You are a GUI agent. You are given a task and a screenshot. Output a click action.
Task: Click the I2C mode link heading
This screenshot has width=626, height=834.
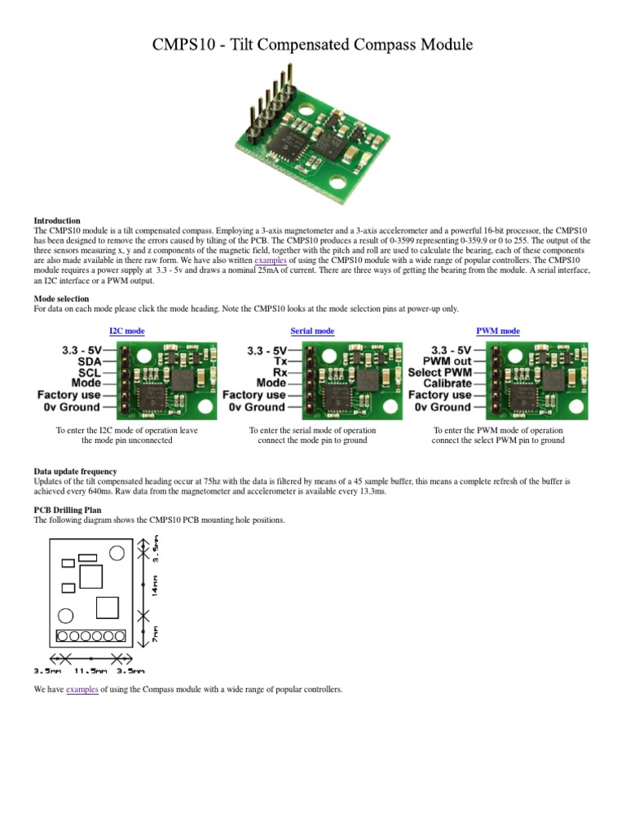point(127,331)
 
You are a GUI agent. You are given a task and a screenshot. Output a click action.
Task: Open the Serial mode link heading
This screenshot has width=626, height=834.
point(312,331)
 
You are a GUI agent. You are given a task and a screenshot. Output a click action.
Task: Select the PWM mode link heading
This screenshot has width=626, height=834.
point(498,331)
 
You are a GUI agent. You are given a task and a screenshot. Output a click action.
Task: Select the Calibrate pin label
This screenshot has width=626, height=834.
point(447,383)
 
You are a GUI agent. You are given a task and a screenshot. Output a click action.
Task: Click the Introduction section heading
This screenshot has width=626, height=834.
point(57,221)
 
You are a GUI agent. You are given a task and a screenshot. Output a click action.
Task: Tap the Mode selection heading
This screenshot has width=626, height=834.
point(61,299)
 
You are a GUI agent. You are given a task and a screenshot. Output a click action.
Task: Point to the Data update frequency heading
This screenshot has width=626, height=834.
point(75,472)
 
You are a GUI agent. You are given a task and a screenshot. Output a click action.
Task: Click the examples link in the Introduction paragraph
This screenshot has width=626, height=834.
point(271,261)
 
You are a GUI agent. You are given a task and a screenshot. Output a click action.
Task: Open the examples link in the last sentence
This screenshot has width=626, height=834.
point(82,689)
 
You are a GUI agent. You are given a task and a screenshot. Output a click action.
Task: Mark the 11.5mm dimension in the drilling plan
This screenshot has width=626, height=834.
point(90,671)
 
